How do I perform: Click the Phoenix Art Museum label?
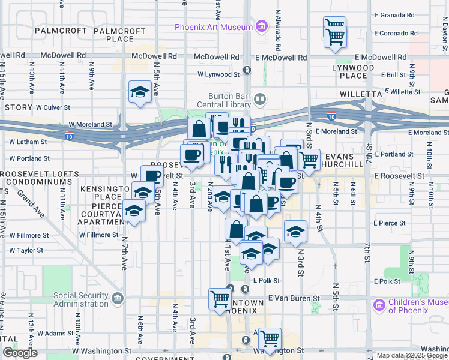pyautogui.click(x=213, y=27)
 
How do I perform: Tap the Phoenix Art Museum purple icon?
pyautogui.click(x=261, y=26)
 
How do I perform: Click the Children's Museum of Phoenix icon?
pyautogui.click(x=379, y=305)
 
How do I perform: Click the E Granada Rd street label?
pyautogui.click(x=394, y=15)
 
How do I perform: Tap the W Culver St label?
pyautogui.click(x=53, y=107)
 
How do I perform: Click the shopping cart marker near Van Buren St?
pyautogui.click(x=220, y=298)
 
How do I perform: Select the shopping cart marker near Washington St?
pyautogui.click(x=271, y=338)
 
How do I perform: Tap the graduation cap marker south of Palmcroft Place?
pyautogui.click(x=140, y=92)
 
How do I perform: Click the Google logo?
pyautogui.click(x=20, y=353)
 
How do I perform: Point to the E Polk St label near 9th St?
pyautogui.click(x=387, y=281)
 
